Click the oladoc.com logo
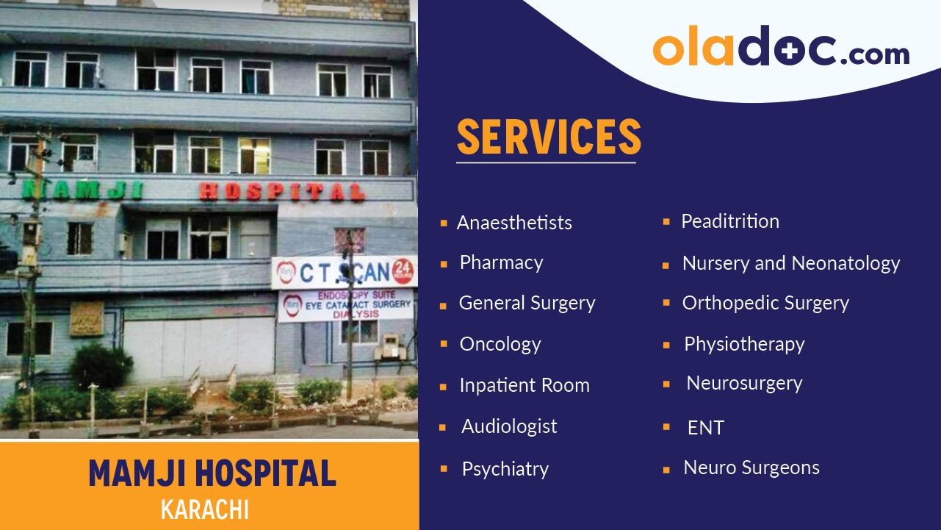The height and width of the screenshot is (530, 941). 781,49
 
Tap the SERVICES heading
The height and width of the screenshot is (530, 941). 549,137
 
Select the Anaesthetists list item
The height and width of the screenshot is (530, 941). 514,223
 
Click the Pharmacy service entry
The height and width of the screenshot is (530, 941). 501,262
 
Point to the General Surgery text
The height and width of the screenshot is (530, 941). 527,303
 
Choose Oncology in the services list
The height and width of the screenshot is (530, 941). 500,344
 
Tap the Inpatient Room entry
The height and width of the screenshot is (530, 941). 524,385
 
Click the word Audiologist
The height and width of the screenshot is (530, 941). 509,426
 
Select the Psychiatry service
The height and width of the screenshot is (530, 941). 505,469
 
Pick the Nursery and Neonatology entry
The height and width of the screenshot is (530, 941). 790,263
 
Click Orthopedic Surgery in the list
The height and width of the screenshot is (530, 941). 765,303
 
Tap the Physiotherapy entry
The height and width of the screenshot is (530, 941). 743,344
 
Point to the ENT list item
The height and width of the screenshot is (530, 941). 705,428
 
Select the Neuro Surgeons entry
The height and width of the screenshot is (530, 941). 751,468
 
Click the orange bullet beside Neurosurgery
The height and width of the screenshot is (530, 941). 666,384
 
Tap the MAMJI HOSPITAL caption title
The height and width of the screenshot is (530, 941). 212,473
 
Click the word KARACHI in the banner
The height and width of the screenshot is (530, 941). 205,509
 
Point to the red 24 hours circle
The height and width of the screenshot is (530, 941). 403,271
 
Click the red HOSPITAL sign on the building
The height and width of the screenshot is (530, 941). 282,192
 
